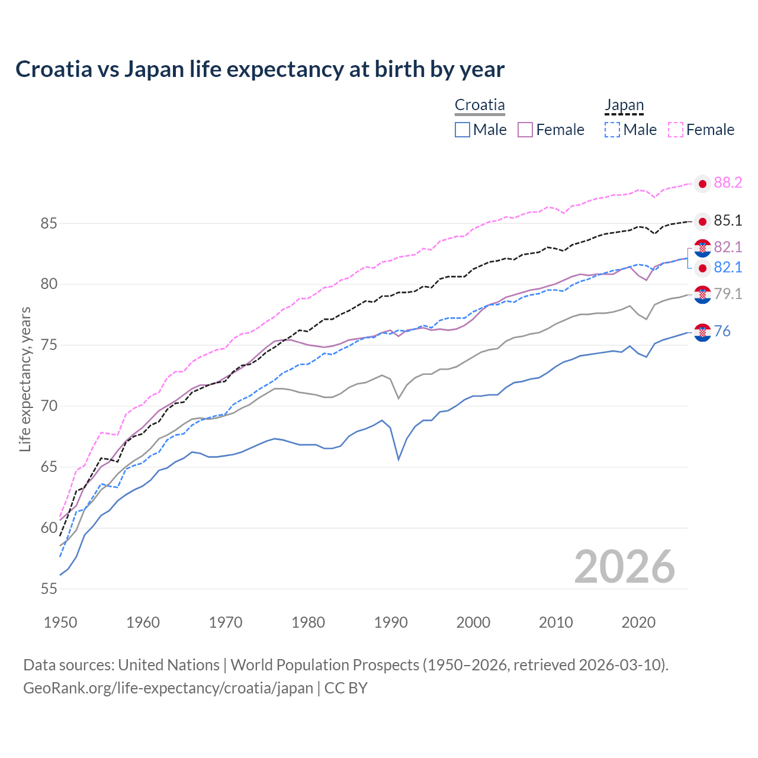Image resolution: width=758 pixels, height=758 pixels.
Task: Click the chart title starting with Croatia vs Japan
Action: click(260, 69)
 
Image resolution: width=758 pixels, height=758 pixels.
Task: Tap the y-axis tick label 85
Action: click(49, 224)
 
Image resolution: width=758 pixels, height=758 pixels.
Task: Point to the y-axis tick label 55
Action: click(49, 589)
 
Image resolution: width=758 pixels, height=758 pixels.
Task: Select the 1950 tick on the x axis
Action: click(60, 622)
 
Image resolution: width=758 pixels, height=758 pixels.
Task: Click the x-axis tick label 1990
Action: click(391, 622)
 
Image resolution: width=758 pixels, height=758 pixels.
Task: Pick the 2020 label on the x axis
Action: click(639, 622)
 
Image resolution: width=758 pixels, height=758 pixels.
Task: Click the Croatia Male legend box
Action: click(462, 130)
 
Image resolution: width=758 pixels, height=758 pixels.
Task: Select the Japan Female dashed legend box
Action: click(676, 130)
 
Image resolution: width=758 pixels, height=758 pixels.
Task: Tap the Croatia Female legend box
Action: click(525, 130)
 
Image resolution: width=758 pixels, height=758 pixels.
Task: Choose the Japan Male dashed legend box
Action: click(612, 130)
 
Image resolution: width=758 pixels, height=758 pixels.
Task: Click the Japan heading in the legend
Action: click(624, 105)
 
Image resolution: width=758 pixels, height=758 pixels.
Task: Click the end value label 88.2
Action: click(728, 183)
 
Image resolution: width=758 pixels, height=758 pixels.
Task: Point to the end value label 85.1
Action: click(728, 221)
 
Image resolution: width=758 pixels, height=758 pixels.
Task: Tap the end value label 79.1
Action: click(728, 294)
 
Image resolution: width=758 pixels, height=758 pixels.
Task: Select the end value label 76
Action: click(722, 332)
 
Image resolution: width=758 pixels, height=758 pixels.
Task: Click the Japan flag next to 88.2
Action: click(702, 184)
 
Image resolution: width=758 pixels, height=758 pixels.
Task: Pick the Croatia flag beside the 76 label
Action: click(702, 333)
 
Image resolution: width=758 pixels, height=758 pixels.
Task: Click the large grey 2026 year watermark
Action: click(625, 567)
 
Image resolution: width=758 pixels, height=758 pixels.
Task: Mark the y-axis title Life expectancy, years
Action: click(25, 379)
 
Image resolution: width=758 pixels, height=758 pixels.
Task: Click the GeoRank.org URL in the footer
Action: click(168, 688)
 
